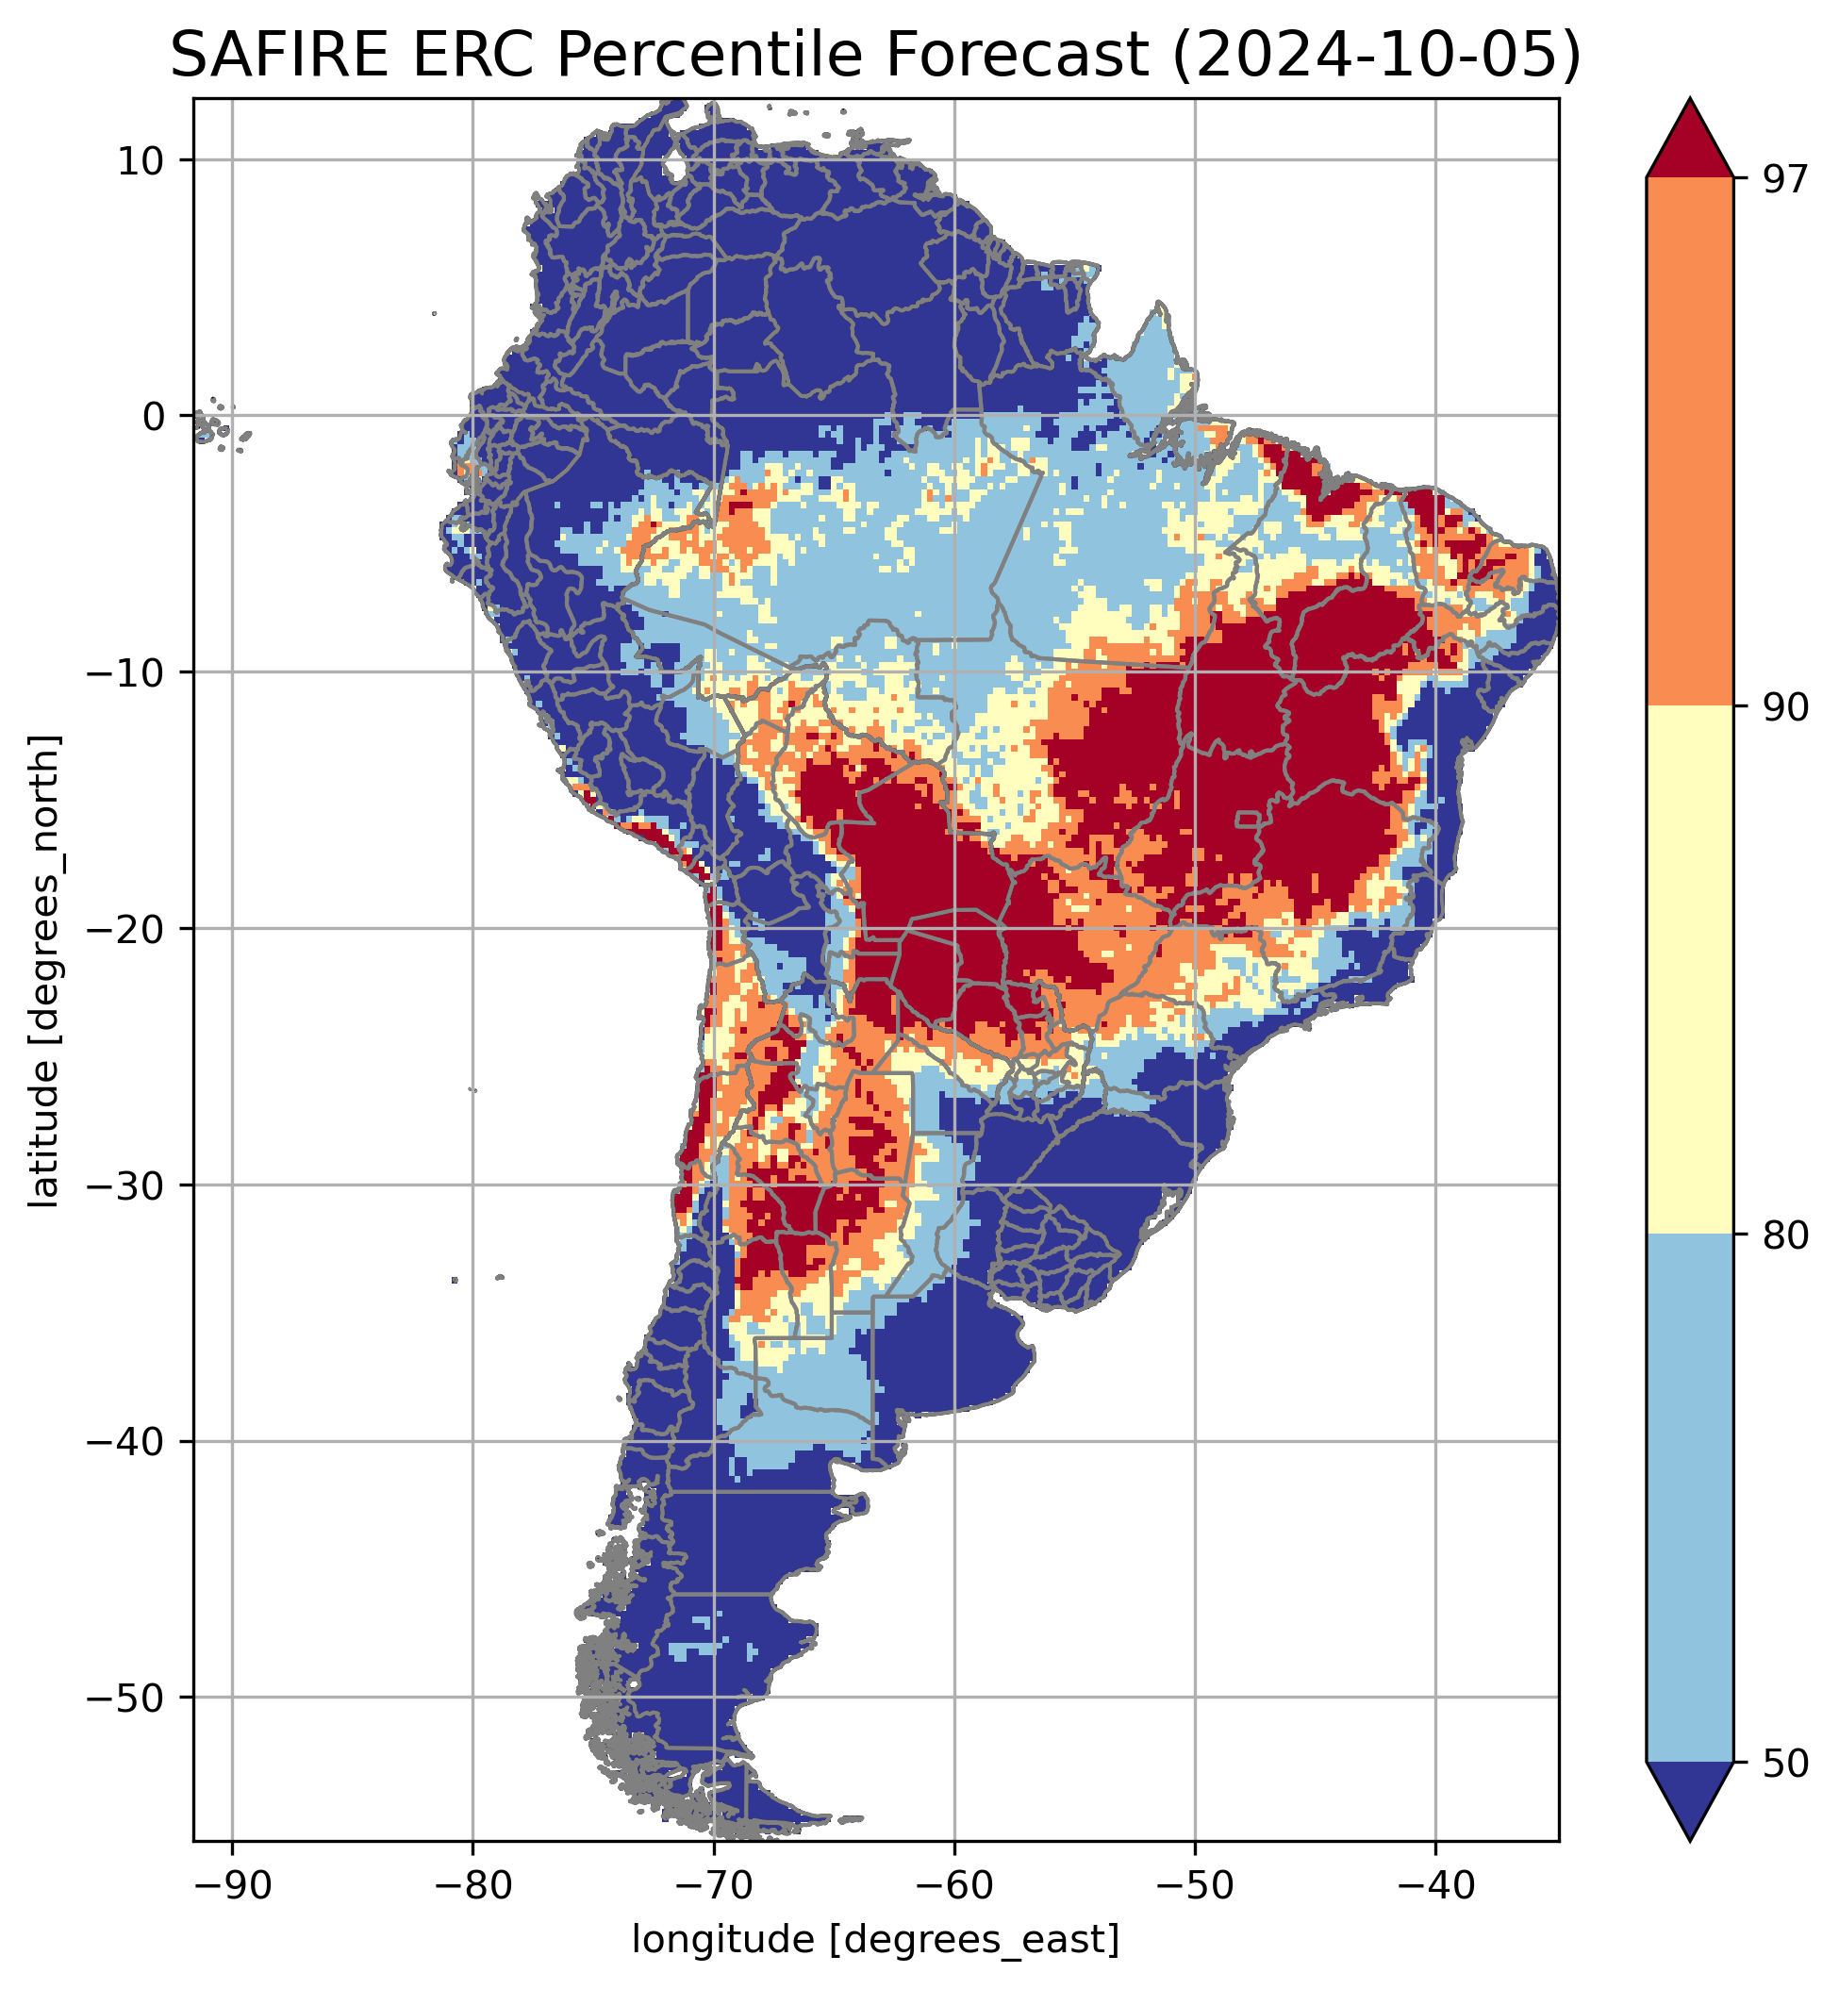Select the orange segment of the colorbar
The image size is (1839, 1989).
(1690, 442)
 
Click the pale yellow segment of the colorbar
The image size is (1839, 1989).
(1690, 970)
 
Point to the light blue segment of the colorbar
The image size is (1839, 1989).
(1690, 1498)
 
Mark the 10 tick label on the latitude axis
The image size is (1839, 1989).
(141, 160)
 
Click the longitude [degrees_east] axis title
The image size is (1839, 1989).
(876, 1938)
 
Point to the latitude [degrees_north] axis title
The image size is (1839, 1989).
(44, 971)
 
